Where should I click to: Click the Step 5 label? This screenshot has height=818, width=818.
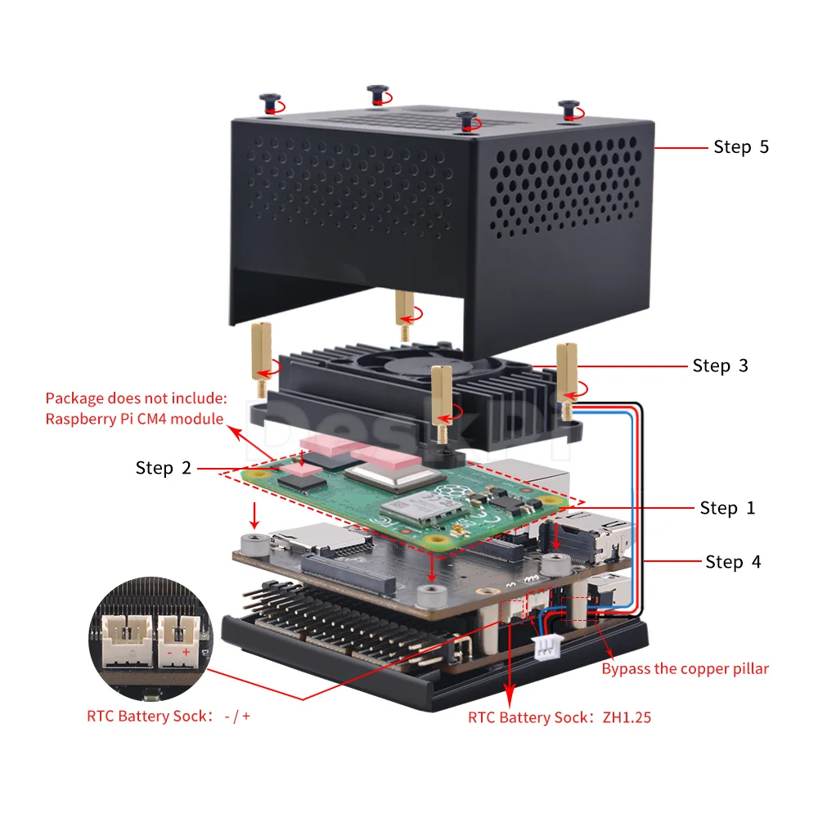[741, 147]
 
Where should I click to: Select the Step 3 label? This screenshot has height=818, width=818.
[720, 366]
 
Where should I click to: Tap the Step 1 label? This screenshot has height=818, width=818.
[727, 508]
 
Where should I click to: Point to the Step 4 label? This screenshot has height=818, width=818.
[733, 562]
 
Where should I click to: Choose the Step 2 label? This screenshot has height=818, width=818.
[164, 468]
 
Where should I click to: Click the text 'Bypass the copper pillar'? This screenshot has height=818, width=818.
[685, 669]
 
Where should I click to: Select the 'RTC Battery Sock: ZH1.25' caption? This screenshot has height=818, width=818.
[560, 717]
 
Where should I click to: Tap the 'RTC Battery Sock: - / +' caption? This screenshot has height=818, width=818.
[169, 716]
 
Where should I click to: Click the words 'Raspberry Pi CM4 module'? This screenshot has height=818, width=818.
[134, 419]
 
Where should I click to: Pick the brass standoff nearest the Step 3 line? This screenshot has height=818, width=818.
[566, 372]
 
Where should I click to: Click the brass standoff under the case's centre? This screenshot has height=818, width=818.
[403, 313]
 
